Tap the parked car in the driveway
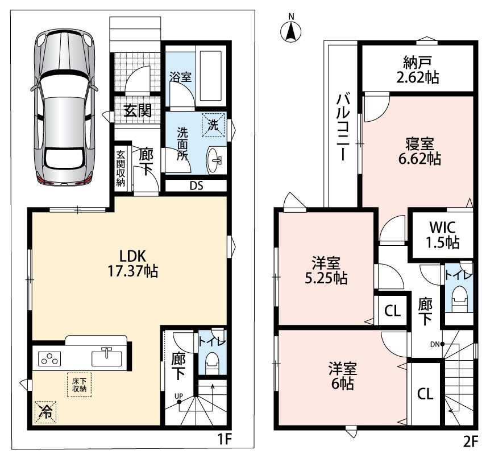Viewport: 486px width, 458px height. coord(64,108)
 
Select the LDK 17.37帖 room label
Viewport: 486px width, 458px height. coord(132,263)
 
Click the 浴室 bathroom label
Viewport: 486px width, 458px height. coord(180,77)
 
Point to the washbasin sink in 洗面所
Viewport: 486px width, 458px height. coord(214,160)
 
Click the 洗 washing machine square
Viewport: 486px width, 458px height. coord(213,125)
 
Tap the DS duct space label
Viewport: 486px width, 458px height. coord(196,186)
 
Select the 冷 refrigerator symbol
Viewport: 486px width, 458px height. coord(45,412)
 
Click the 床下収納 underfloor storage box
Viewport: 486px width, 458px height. coord(80,385)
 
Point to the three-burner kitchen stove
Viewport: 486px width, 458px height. coord(49,358)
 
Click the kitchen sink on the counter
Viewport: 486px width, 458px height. coord(107,357)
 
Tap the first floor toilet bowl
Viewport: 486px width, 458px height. coord(213,361)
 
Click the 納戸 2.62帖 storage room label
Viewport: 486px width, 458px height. coord(417,70)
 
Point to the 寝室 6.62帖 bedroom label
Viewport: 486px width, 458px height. coord(419,151)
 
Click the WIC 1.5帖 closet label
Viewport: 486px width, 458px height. coord(443,235)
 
